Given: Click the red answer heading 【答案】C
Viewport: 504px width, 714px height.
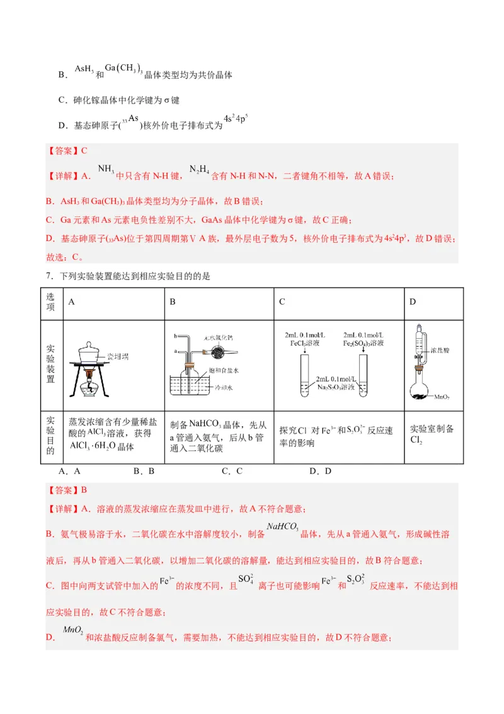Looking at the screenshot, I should (67, 151).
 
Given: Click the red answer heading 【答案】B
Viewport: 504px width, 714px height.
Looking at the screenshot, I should (67, 489).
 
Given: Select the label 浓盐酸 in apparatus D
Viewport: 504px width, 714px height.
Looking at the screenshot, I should (440, 349).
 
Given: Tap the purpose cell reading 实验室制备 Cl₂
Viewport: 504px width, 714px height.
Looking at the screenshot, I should (433, 433).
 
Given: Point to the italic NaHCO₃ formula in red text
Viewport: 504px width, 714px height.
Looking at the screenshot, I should (282, 527).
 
